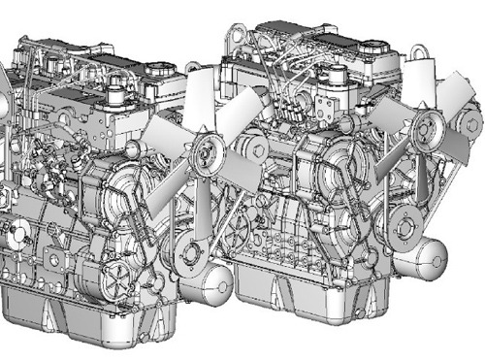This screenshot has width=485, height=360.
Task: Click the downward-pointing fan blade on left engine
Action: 202,209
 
